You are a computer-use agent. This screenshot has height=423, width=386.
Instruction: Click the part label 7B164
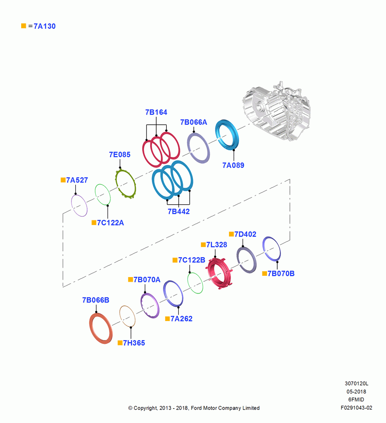[156, 112]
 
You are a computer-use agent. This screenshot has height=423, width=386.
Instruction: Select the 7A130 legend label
[44, 26]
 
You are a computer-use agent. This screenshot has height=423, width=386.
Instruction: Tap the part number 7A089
[233, 165]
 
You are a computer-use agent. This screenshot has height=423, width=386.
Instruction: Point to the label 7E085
[120, 154]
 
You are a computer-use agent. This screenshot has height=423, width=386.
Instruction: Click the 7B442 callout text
[179, 211]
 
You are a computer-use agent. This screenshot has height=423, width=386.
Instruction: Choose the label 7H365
[134, 343]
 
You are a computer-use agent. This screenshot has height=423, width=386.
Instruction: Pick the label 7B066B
[96, 300]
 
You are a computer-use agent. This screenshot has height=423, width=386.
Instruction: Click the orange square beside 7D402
[232, 234]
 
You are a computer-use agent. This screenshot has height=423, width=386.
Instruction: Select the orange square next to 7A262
[167, 319]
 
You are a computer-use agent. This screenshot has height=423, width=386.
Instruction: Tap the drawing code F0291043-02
[356, 408]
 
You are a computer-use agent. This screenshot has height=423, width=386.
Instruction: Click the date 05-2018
[356, 391]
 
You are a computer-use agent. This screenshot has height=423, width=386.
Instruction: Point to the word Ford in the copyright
[196, 408]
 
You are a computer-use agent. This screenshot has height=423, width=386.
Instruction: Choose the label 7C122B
[192, 260]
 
